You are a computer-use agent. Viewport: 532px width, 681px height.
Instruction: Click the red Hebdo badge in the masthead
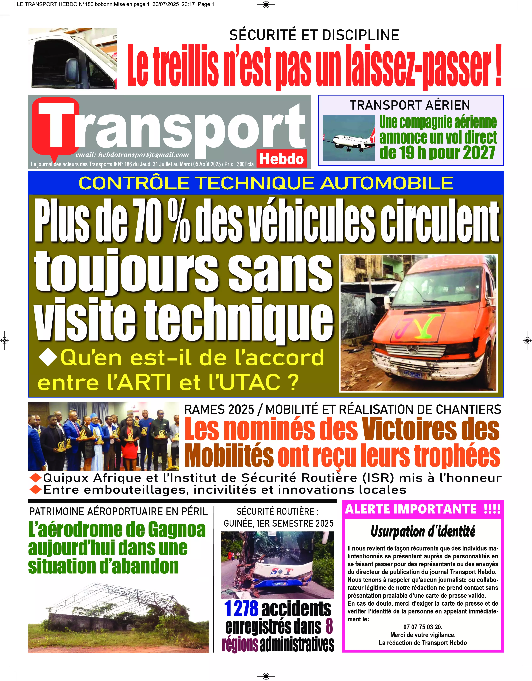coord(281,159)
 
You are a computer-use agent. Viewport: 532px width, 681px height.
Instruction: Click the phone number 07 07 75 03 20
coord(423,627)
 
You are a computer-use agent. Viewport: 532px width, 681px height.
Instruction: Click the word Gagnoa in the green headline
coord(176,530)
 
